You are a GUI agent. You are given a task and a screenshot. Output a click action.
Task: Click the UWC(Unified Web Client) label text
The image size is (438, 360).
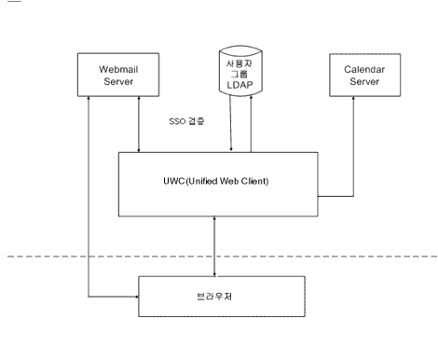click(x=217, y=180)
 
